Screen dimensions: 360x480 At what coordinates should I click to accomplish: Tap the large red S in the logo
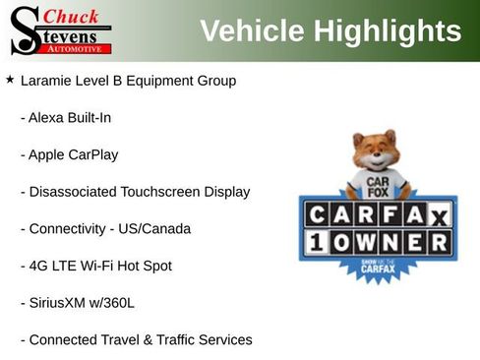[x=24, y=30]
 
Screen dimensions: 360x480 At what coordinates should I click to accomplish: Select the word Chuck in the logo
[x=72, y=16]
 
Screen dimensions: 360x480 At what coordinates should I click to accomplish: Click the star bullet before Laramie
[x=10, y=80]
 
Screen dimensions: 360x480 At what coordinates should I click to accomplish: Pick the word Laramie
[x=48, y=81]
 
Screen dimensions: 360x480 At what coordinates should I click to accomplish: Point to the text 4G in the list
[x=38, y=266]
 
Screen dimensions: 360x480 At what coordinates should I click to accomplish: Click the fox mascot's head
[x=374, y=154]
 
